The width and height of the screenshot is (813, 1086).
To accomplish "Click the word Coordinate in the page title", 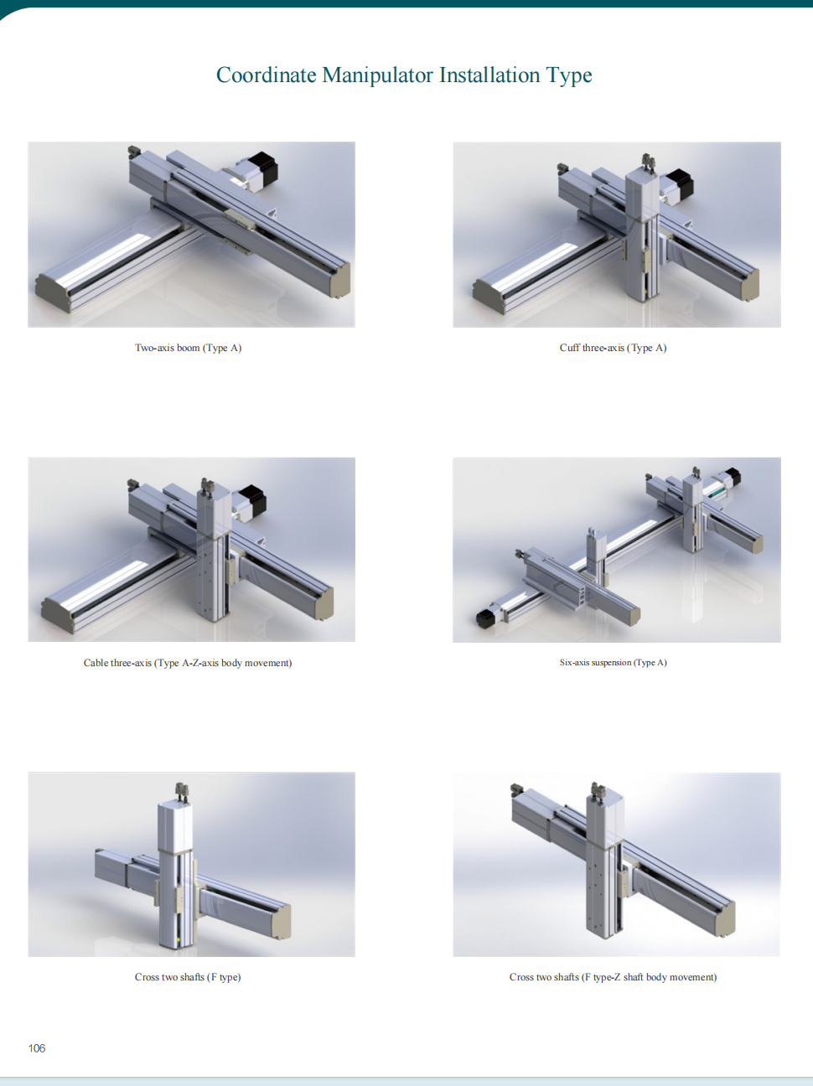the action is [267, 75].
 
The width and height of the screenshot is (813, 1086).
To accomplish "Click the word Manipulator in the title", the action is [377, 75].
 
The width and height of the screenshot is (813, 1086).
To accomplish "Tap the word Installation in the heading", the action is [489, 75].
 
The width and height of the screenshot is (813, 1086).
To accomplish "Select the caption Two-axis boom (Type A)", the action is [188, 348].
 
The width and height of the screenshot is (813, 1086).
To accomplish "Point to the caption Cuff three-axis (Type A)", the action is [613, 348].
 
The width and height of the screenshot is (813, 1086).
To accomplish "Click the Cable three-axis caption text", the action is [188, 663].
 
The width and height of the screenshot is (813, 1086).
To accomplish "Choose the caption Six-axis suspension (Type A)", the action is [613, 663].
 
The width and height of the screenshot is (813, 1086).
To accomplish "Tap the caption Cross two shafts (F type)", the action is [188, 977].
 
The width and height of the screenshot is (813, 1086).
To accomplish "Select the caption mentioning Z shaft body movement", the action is [613, 977].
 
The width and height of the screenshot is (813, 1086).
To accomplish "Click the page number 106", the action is [37, 1048].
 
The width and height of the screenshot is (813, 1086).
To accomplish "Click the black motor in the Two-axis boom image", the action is [262, 168].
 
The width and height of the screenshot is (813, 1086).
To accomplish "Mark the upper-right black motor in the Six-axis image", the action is [734, 476].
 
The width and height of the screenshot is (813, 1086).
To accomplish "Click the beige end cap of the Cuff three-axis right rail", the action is [749, 286].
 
